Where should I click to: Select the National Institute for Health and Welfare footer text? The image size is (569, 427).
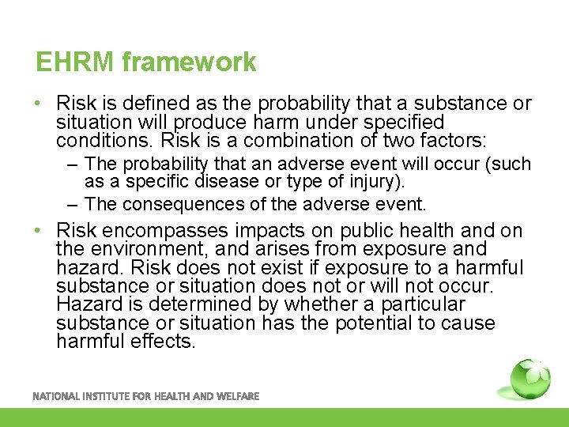(x=145, y=396)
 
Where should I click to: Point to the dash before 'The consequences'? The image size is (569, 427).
(x=72, y=204)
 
